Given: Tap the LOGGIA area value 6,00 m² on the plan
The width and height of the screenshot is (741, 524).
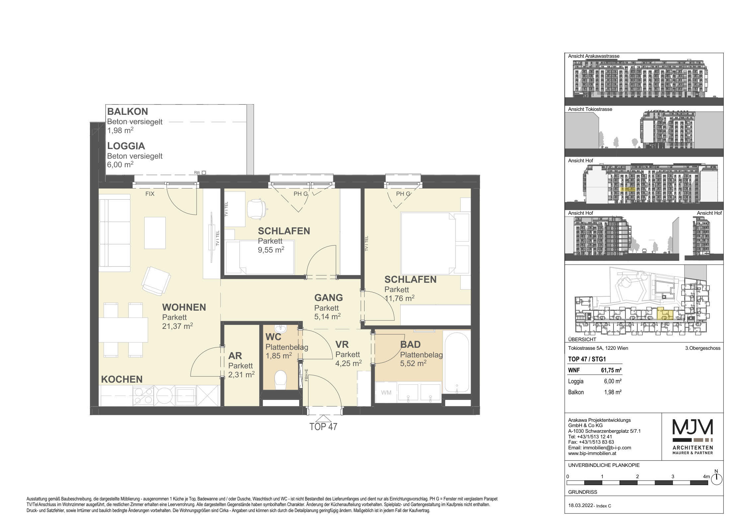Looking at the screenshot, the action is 120,165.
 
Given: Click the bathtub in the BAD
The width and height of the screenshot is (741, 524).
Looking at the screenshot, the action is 457,363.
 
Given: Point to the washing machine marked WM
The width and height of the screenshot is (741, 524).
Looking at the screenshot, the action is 386,393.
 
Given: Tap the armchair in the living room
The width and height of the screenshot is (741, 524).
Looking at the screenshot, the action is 156,281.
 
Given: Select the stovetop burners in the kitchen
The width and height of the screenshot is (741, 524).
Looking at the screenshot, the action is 143,396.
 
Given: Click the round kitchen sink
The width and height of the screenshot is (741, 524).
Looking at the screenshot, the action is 165,396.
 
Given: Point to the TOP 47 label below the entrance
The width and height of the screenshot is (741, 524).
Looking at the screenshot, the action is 323,427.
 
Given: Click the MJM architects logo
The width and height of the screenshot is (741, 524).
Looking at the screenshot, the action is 693,436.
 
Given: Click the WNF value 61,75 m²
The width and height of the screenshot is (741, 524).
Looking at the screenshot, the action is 611,370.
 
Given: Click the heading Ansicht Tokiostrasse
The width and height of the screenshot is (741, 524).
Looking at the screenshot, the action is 590,109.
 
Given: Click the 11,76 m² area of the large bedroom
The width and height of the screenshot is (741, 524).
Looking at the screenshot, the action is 399,298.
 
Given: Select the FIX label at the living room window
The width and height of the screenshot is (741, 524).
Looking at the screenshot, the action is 150,193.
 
